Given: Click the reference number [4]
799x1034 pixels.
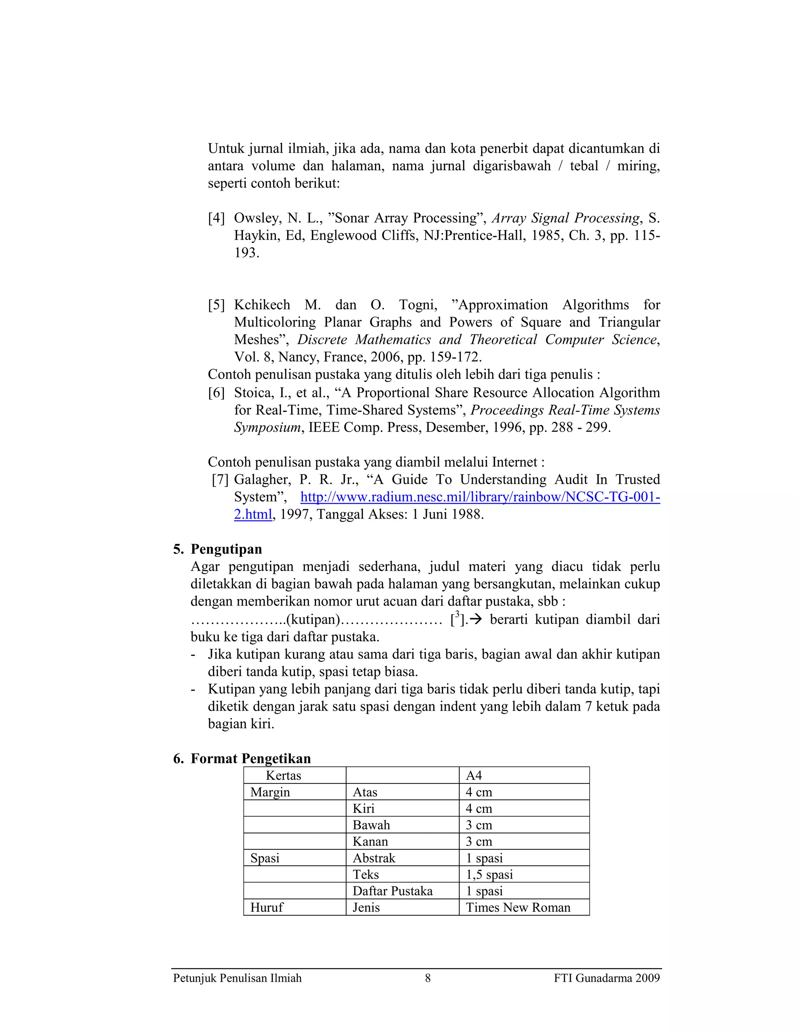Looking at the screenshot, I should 216,218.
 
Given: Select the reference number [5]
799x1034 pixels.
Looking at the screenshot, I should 216,305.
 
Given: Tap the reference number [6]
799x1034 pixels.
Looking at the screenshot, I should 216,393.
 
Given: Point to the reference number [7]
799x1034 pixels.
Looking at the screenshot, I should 220,480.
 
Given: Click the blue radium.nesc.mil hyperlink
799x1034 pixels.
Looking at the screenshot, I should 479,497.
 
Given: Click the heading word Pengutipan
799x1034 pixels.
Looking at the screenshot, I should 226,549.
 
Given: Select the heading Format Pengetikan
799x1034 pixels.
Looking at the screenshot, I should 250,759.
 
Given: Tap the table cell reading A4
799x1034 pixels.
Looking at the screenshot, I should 474,776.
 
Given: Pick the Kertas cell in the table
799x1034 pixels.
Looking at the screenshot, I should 283,776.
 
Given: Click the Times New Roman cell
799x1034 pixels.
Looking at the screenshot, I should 518,907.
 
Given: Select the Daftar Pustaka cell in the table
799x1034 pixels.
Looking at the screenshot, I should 392,891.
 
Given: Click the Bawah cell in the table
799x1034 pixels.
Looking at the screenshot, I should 371,825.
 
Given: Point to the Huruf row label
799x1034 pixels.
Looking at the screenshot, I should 266,907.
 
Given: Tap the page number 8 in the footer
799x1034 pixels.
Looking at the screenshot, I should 428,978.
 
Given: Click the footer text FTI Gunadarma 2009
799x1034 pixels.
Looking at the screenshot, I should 606,978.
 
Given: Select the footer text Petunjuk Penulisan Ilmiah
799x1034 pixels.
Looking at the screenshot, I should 237,978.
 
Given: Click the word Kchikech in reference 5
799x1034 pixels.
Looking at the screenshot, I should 262,305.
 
